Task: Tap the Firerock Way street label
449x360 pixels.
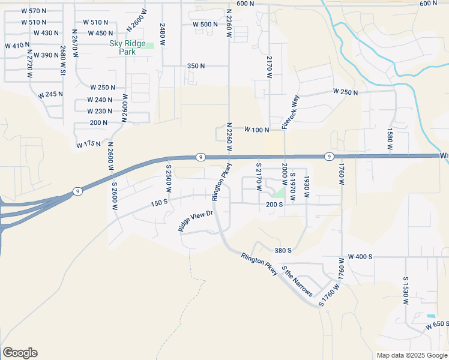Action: [x=291, y=112]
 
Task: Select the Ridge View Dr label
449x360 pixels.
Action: [x=196, y=221]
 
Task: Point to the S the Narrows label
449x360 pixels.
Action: [x=297, y=281]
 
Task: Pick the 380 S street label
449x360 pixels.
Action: [x=282, y=250]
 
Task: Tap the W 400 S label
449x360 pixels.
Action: [x=360, y=257]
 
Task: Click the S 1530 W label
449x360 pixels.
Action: [x=406, y=290]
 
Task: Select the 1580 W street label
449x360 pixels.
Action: [x=390, y=139]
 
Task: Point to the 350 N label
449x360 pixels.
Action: [x=196, y=66]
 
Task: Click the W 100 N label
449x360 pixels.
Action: [x=256, y=130]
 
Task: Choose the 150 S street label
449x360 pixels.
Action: [x=158, y=204]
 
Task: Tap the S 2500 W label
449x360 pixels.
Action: [x=169, y=179]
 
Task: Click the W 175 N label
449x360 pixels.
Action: [x=88, y=145]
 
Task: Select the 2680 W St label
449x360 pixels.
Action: [x=62, y=59]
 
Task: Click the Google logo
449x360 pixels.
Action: [x=20, y=353]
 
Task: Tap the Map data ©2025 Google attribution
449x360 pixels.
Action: [x=411, y=355]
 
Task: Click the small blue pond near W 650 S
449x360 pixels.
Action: [x=431, y=316]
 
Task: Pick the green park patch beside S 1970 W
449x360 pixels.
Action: [x=278, y=192]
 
